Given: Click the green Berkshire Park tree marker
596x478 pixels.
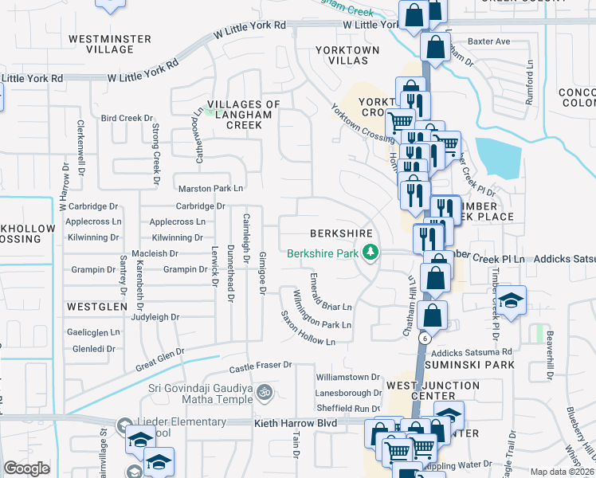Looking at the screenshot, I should [x=369, y=253].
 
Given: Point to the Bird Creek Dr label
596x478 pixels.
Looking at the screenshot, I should [x=127, y=118].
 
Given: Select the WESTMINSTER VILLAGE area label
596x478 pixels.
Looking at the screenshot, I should [x=101, y=44].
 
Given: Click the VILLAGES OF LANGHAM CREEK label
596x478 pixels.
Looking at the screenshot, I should [x=245, y=115].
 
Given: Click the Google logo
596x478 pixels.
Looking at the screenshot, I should [x=26, y=469].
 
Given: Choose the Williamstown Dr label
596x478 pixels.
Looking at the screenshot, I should [x=348, y=377].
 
